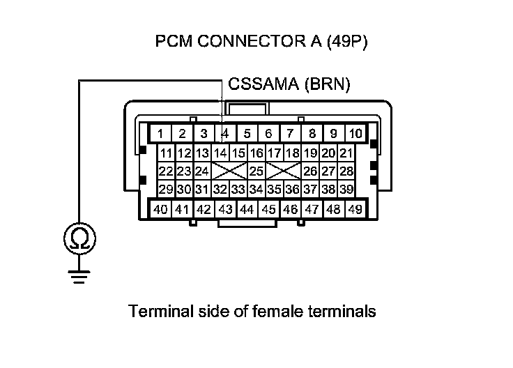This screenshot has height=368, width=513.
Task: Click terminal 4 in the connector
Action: pyautogui.click(x=225, y=133)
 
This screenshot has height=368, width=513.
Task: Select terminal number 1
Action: pyautogui.click(x=160, y=133)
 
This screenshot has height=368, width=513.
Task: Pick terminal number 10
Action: pyautogui.click(x=355, y=133)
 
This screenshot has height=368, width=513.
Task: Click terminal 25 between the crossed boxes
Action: pyautogui.click(x=256, y=171)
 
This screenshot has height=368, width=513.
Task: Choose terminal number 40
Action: pyautogui.click(x=160, y=208)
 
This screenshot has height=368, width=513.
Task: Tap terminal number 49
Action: pyautogui.click(x=355, y=208)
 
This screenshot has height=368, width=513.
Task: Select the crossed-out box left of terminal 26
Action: pyautogui.click(x=283, y=171)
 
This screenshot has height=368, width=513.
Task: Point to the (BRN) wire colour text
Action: pyautogui.click(x=327, y=85)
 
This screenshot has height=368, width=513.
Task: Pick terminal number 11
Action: pyautogui.click(x=166, y=153)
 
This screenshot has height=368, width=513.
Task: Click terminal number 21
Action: pyautogui.click(x=346, y=153)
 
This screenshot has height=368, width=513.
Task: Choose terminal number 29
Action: pyautogui.click(x=166, y=189)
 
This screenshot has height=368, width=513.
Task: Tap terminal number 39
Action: pyautogui.click(x=346, y=189)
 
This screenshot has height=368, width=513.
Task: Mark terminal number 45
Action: pyautogui.click(x=268, y=208)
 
